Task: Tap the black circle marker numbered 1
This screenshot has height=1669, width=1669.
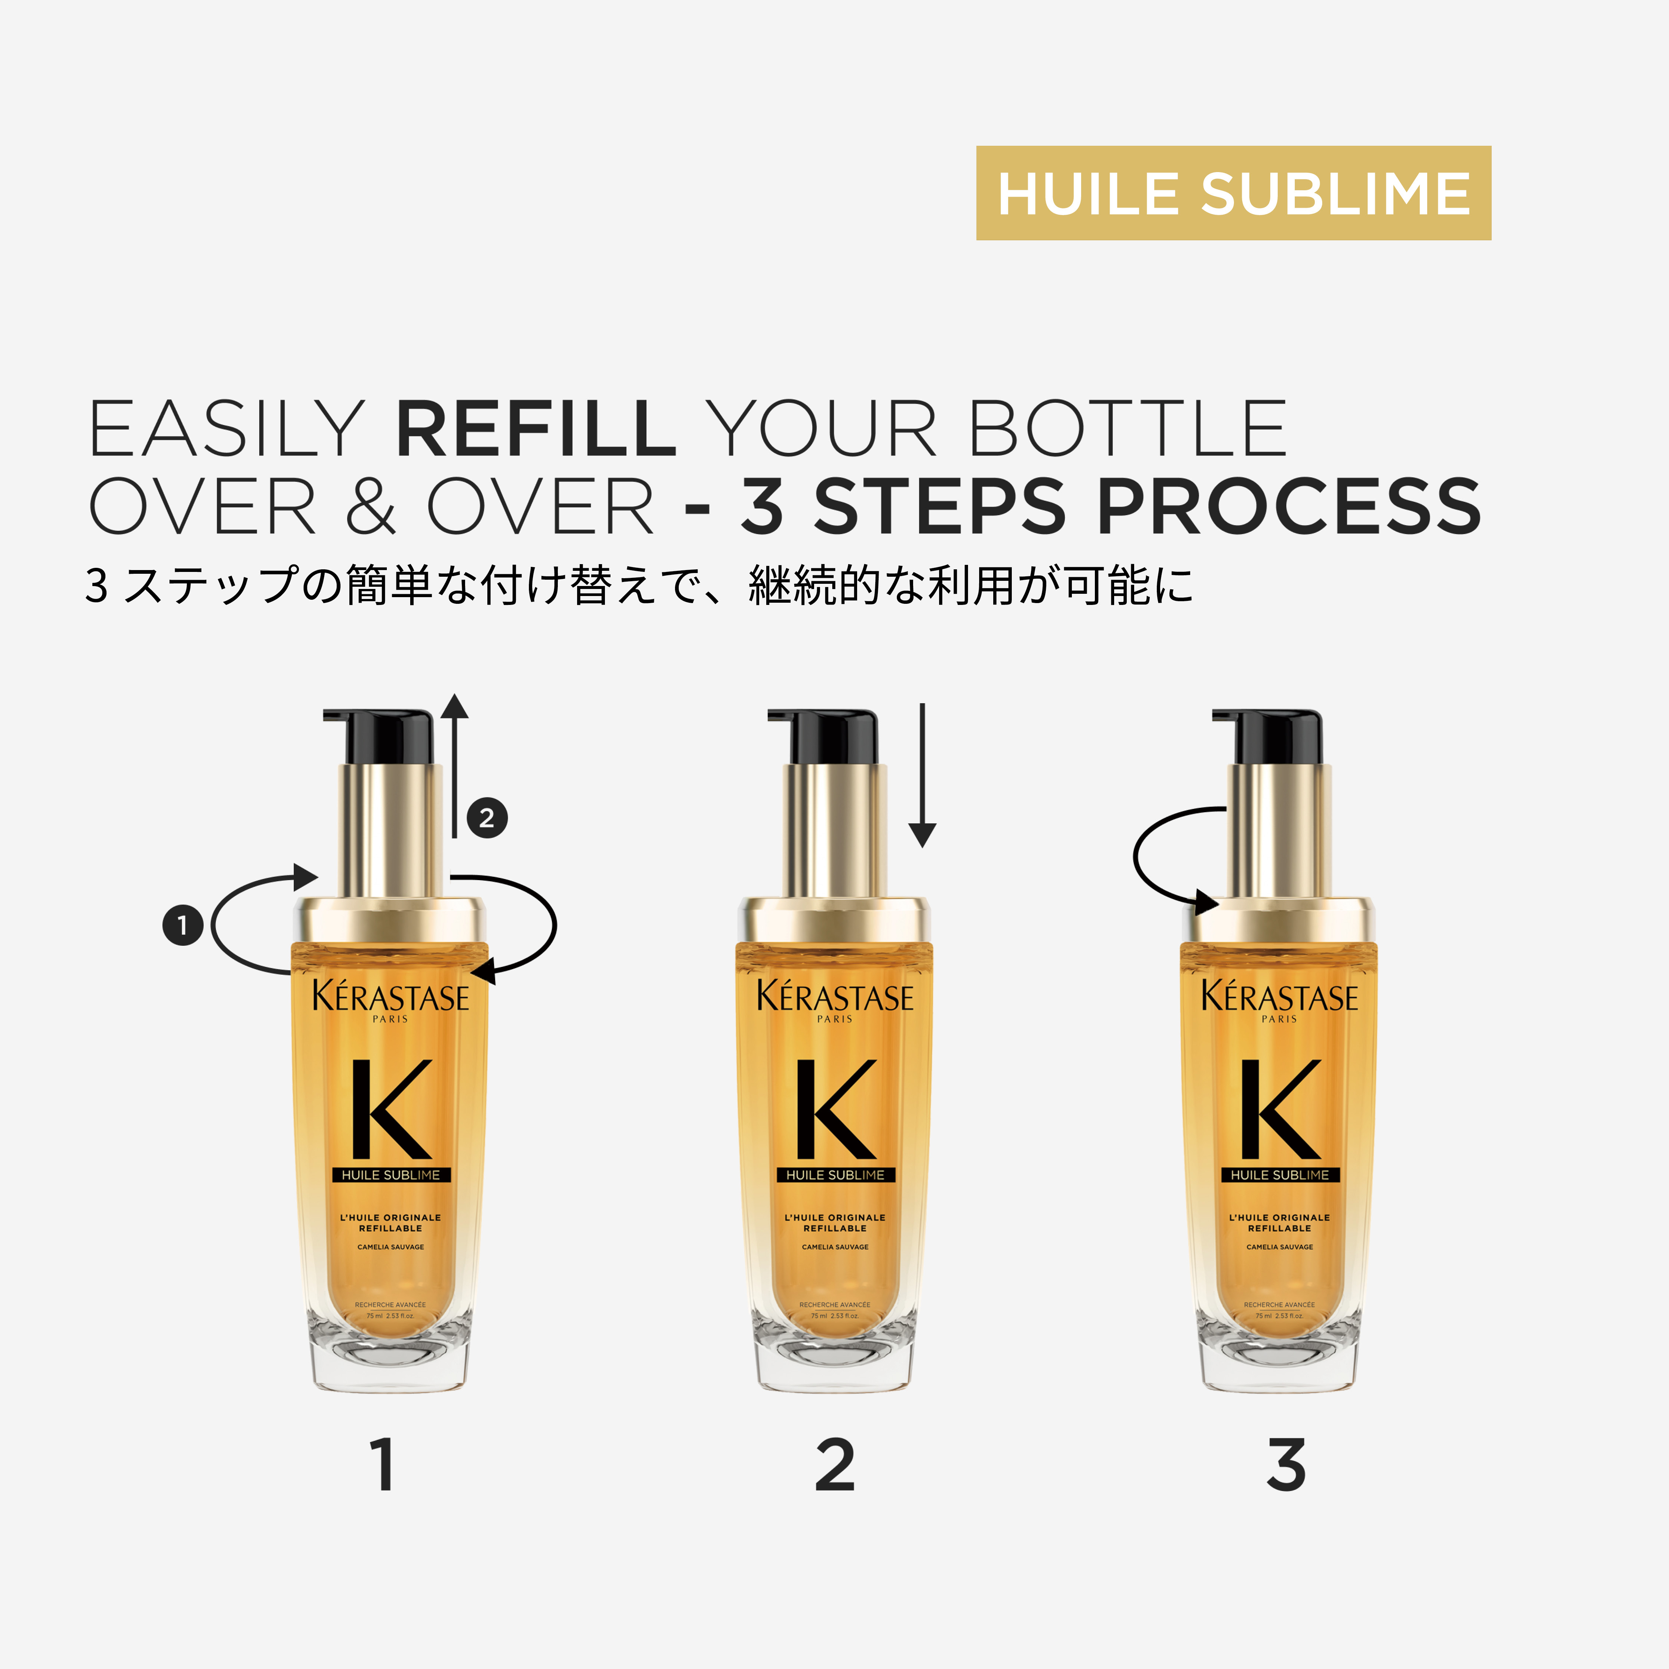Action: [182, 925]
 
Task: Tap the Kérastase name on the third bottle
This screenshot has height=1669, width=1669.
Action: [1280, 998]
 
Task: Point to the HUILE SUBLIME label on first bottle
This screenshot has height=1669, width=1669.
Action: [391, 1175]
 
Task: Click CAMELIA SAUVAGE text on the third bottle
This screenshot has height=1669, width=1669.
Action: [1280, 1247]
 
